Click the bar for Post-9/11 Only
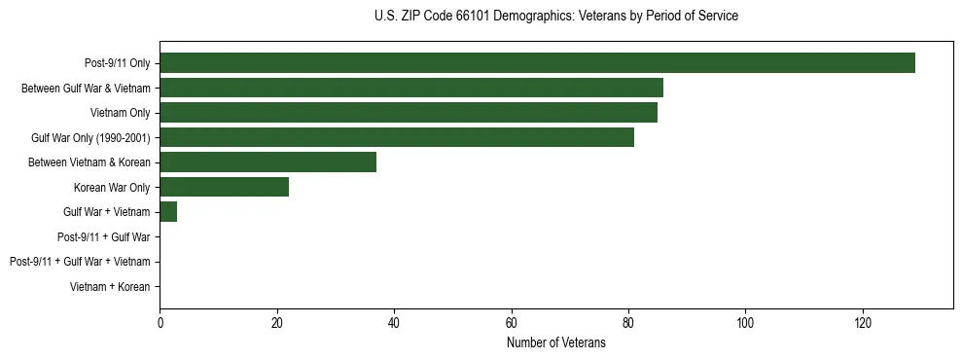coord(537,63)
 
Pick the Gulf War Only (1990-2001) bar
coord(397,137)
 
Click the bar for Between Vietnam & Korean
coord(267,162)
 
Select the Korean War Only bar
coord(224,187)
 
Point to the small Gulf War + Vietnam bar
coord(168,212)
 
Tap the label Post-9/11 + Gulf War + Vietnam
coord(80,262)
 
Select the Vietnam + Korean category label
coord(110,287)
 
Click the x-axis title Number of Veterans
coord(555,343)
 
